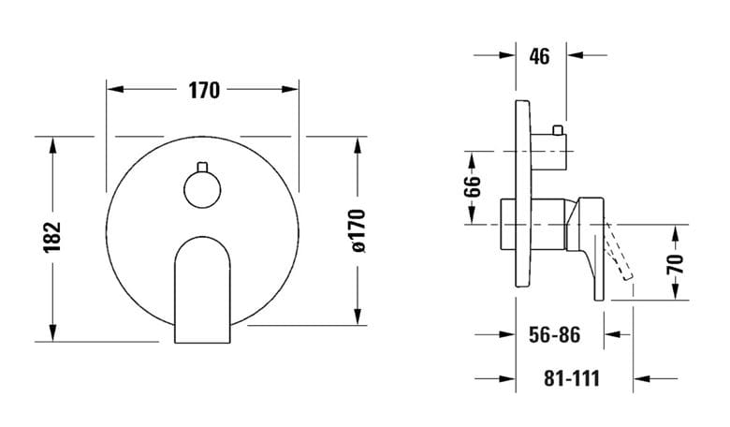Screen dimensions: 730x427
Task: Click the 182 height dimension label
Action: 52,238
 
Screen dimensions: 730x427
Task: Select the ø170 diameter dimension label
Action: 358,231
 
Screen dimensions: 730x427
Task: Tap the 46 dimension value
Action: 540,56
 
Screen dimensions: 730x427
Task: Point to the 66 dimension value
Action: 473,186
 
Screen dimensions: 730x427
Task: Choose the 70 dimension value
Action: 676,263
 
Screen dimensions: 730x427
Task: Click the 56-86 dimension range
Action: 554,334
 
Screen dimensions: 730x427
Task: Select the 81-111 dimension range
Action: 572,378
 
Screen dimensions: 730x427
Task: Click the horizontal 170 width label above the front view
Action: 204,90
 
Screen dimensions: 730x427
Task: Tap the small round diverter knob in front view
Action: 202,189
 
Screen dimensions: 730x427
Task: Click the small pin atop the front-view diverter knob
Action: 202,167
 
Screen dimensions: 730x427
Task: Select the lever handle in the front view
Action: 202,289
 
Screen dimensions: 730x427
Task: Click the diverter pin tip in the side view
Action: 557,129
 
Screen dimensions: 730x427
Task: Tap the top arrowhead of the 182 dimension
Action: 52,145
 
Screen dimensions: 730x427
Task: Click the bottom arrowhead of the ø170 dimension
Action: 358,317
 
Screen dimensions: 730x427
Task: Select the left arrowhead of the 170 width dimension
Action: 115,89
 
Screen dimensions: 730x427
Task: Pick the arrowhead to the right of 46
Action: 576,55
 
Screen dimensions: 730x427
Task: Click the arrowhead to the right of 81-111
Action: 641,378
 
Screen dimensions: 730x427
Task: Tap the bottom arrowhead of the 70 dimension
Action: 676,291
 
